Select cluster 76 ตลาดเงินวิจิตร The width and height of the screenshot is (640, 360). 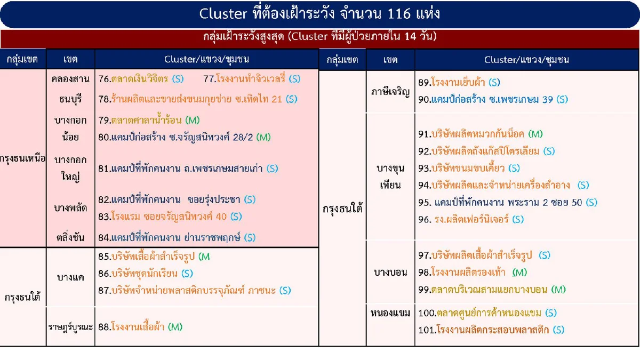pyautogui.click(x=141, y=79)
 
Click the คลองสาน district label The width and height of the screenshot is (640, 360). pyautogui.click(x=70, y=79)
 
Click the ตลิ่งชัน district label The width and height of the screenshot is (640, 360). pyautogui.click(x=70, y=237)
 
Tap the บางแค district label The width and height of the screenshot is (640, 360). pyautogui.click(x=70, y=277)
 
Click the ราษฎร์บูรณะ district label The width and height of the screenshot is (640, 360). pyautogui.click(x=70, y=326)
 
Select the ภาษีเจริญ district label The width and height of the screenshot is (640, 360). pyautogui.click(x=390, y=91)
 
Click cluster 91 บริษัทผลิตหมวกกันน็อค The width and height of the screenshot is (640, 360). pyautogui.click(x=480, y=134)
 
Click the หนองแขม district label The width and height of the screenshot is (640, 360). pyautogui.click(x=390, y=313)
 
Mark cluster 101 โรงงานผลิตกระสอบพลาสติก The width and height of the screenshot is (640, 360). pyautogui.click(x=491, y=330)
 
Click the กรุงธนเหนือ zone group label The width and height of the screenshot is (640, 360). pyautogui.click(x=23, y=159)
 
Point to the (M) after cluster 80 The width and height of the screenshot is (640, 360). pyautogui.click(x=263, y=137)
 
